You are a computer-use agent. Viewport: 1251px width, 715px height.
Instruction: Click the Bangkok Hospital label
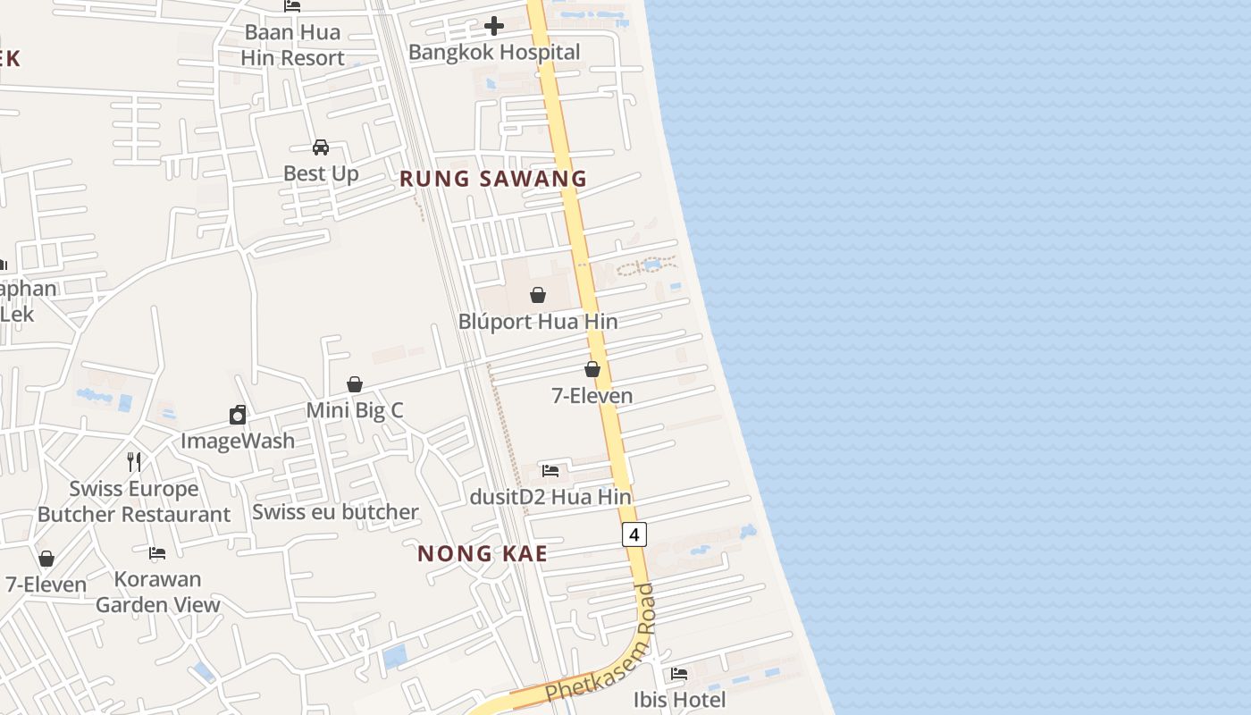494,52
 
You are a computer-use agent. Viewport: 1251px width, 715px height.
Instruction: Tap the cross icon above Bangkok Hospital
494,26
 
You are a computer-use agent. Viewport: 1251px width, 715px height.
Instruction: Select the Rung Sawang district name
493,179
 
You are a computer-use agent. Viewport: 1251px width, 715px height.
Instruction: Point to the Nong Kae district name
483,554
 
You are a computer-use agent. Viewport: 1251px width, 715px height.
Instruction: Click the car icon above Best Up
321,147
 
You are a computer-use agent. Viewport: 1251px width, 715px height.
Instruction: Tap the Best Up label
321,173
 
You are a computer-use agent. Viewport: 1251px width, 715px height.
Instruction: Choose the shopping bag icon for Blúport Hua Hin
538,295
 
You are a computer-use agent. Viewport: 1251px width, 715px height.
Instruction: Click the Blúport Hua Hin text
538,322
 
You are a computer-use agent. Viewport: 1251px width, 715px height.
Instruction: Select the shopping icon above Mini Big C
355,384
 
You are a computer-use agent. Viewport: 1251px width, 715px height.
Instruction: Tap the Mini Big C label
355,410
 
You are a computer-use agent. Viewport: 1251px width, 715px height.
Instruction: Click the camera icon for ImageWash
238,415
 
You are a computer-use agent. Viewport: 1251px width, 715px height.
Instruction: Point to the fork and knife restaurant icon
134,462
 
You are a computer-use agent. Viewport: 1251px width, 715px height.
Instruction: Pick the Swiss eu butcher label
335,512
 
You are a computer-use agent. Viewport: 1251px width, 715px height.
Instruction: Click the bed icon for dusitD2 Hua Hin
550,470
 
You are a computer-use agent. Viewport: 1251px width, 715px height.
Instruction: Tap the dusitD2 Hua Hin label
551,497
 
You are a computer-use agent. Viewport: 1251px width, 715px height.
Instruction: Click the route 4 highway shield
634,534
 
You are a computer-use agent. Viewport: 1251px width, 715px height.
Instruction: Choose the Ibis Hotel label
680,699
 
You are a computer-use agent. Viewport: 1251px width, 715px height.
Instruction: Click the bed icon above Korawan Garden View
158,553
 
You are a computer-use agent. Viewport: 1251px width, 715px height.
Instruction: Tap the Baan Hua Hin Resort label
292,45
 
